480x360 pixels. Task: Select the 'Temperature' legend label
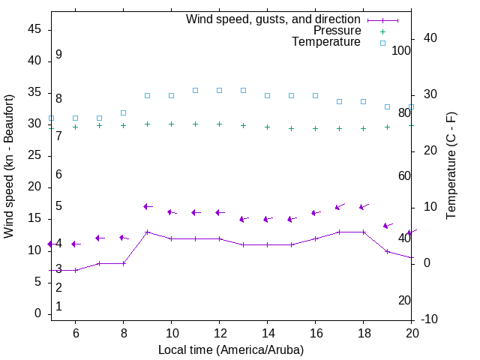tap(326, 42)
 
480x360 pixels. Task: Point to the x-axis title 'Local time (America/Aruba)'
tap(231, 349)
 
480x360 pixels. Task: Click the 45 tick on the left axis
tap(34, 29)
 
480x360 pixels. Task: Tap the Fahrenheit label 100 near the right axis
tap(401, 50)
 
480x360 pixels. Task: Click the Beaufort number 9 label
tap(58, 55)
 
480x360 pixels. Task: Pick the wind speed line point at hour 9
tap(147, 232)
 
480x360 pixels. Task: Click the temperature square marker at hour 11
tap(195, 90)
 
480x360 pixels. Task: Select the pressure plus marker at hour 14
tap(267, 127)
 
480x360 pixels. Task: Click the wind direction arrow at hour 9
tap(148, 206)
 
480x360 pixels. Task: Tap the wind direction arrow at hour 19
tap(388, 225)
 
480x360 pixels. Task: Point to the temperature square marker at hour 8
tap(123, 112)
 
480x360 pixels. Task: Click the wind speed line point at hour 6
tap(75, 270)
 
